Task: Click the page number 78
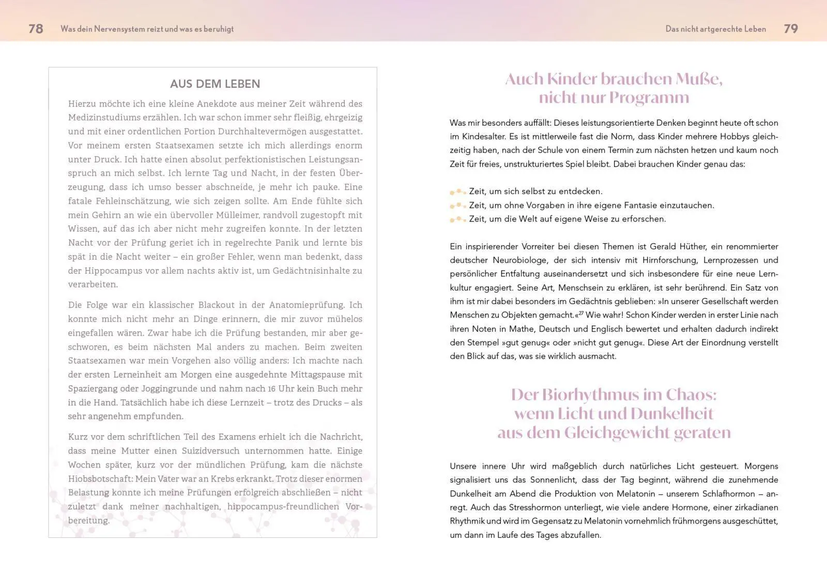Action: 36,29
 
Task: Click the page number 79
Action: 791,29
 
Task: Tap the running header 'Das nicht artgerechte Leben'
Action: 715,29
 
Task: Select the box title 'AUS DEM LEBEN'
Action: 215,84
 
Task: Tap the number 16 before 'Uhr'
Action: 271,388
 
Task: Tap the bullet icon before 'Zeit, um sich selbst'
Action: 457,191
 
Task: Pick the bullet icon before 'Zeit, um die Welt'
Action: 457,219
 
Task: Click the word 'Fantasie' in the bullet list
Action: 640,205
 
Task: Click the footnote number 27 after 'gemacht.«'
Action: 581,313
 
